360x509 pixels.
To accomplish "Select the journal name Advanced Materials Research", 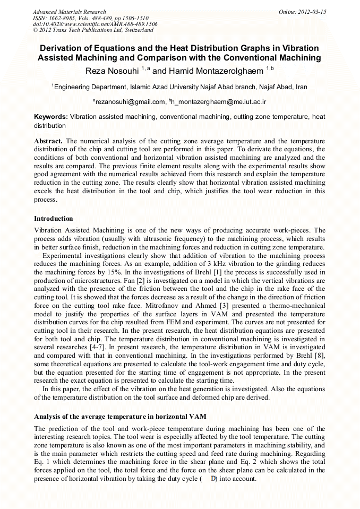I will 69,12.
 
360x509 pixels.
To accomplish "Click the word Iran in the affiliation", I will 301,87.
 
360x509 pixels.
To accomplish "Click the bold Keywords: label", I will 51,116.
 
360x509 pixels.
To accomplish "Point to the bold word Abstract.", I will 48,141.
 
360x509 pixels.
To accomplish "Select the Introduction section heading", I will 54,219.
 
